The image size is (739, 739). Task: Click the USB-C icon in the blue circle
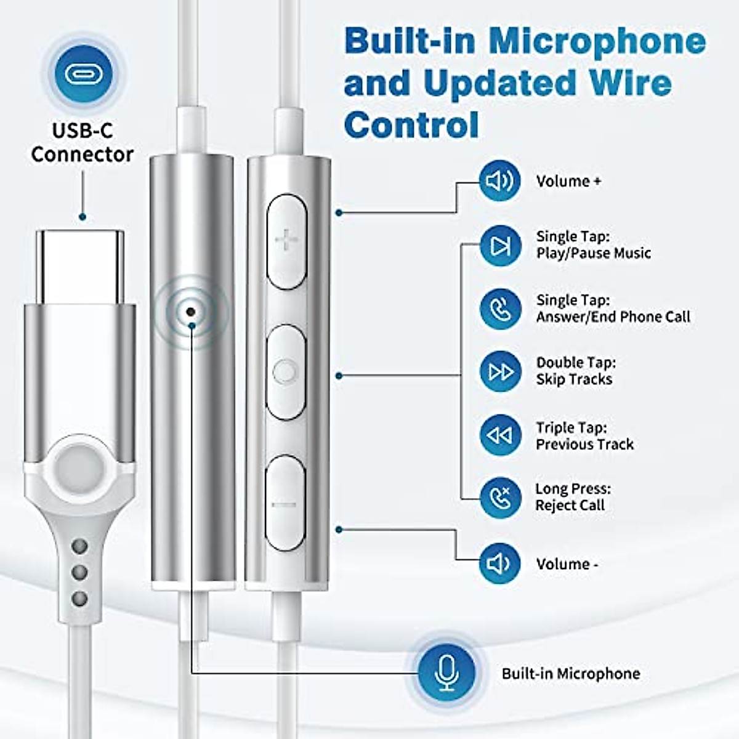coord(84,73)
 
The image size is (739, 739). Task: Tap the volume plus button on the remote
coord(286,240)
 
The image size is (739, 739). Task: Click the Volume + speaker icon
coord(499,181)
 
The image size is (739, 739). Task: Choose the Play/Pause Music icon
coord(499,246)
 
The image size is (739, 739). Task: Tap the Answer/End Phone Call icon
coord(499,309)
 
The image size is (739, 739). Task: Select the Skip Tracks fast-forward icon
coord(499,371)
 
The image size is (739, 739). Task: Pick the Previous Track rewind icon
coord(499,435)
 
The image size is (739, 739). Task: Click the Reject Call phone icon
coord(499,498)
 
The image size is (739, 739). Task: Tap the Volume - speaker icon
coord(499,563)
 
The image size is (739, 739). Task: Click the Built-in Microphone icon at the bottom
coord(446,672)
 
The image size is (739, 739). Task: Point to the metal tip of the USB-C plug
coord(79,266)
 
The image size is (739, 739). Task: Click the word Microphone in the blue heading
coord(597,41)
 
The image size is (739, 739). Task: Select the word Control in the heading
coord(411,125)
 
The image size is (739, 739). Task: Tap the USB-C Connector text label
coord(82,142)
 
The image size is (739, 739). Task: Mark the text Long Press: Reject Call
coord(572,497)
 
